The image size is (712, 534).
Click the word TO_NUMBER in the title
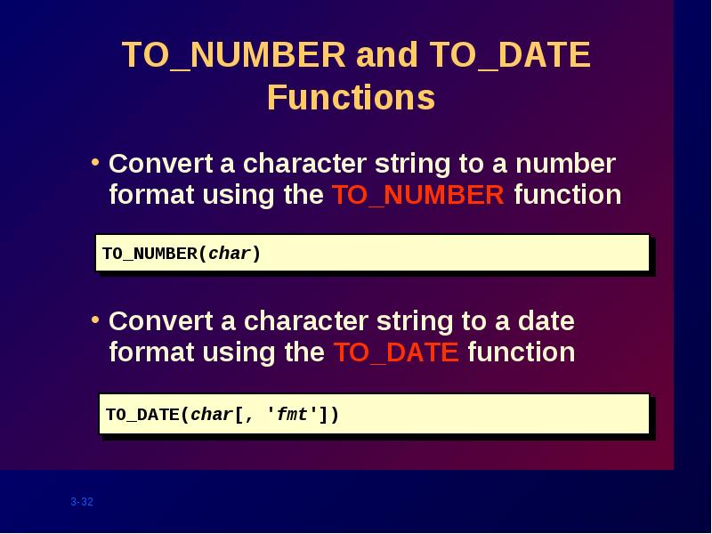tap(234, 55)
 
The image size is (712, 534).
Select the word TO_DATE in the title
tap(510, 55)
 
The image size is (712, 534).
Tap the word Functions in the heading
tap(351, 97)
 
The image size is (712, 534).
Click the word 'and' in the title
tap(387, 55)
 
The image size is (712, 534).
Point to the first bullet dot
tap(95, 162)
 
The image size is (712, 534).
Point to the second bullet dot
tap(95, 320)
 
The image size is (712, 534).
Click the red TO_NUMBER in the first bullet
tap(418, 195)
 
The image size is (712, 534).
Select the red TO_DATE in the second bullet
tap(396, 352)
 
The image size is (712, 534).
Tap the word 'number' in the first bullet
tap(566, 164)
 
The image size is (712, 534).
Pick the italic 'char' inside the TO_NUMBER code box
tap(230, 254)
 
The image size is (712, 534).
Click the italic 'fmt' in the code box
tap(292, 414)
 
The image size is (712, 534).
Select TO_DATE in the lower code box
tap(143, 415)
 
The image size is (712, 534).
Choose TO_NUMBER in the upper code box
tap(150, 254)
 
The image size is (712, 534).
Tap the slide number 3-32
tap(82, 502)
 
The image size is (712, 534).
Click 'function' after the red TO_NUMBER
tap(568, 195)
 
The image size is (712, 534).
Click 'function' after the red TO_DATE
tap(522, 352)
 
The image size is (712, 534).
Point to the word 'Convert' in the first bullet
tap(161, 164)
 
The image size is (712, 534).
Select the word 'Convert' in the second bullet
tap(161, 321)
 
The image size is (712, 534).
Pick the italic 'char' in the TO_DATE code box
tap(212, 414)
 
